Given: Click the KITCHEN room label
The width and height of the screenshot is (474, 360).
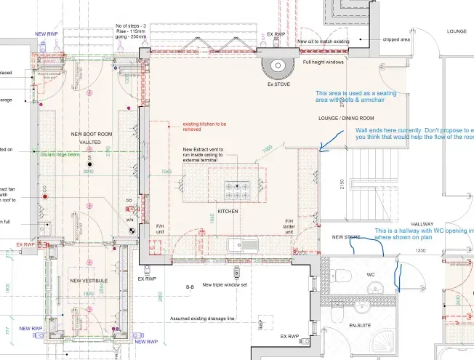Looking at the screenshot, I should point(228,211).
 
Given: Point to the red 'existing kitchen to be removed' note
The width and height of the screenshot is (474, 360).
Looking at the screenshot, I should point(204,127).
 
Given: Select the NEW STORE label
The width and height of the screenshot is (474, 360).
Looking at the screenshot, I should point(347,237).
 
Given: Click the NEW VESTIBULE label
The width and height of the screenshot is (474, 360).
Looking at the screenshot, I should point(89,280).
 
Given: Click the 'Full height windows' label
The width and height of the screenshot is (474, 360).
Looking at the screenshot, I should point(323,62).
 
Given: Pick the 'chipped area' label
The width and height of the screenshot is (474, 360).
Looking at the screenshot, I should point(396,39).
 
